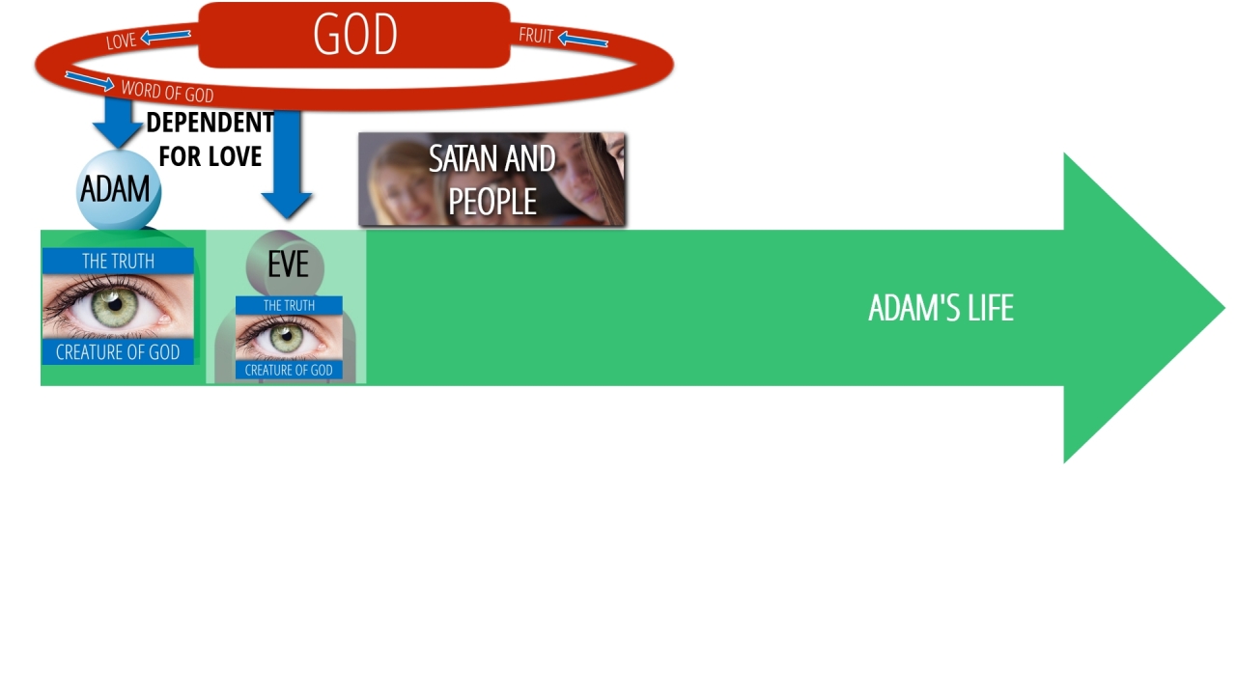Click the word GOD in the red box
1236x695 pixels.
(x=354, y=34)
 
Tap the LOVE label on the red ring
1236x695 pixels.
(x=121, y=41)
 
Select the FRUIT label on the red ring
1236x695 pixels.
(x=536, y=36)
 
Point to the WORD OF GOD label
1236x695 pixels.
(x=167, y=91)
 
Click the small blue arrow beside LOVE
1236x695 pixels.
(x=165, y=37)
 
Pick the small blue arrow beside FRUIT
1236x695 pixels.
(x=582, y=40)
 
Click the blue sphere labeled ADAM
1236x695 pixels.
(x=118, y=189)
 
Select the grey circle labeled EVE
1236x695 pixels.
(x=285, y=264)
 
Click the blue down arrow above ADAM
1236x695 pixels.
(x=117, y=123)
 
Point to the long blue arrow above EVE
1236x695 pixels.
(x=287, y=164)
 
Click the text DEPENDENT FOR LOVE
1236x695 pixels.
(x=210, y=139)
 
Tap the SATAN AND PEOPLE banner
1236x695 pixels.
(x=492, y=180)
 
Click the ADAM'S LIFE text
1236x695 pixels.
(x=941, y=308)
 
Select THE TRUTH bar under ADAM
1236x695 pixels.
(x=118, y=261)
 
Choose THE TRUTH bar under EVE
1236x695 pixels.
(x=289, y=306)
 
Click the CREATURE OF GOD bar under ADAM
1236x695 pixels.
(x=118, y=352)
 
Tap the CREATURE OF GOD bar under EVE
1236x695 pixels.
(x=289, y=370)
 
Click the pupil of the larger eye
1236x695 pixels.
(x=115, y=303)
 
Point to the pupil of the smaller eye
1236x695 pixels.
(x=286, y=335)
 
